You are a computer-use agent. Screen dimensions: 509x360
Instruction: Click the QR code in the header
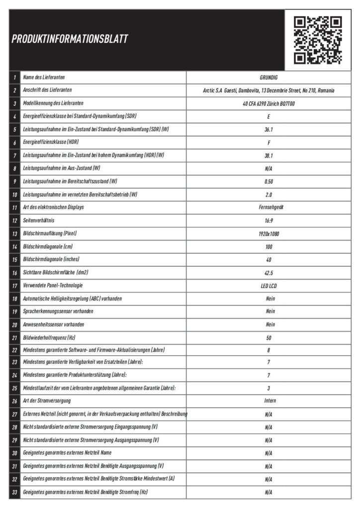pyautogui.click(x=318, y=40)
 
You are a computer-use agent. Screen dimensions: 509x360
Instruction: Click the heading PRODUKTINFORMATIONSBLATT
pyautogui.click(x=70, y=39)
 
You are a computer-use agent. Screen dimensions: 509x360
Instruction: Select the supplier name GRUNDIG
pyautogui.click(x=269, y=78)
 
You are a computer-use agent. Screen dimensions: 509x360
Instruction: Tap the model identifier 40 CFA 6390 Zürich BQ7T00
pyautogui.click(x=269, y=104)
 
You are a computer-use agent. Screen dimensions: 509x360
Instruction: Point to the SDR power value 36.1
pyautogui.click(x=269, y=130)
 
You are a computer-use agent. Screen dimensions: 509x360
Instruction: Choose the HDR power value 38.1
pyautogui.click(x=269, y=156)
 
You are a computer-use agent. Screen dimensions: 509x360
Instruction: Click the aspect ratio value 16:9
pyautogui.click(x=269, y=221)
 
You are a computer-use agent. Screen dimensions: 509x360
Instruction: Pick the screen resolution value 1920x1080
pyautogui.click(x=269, y=234)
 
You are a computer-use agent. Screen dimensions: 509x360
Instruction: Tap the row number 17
pyautogui.click(x=15, y=285)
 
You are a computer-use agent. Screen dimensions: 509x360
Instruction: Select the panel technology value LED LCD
pyautogui.click(x=269, y=285)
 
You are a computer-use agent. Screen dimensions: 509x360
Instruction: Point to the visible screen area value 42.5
pyautogui.click(x=269, y=272)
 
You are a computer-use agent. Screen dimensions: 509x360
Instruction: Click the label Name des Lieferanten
pyautogui.click(x=44, y=78)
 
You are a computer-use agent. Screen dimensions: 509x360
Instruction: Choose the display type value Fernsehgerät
pyautogui.click(x=269, y=208)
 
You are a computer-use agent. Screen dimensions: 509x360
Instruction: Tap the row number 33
pyautogui.click(x=15, y=492)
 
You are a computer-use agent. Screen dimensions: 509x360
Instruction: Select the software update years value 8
pyautogui.click(x=269, y=350)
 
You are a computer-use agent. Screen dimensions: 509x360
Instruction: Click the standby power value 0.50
pyautogui.click(x=269, y=181)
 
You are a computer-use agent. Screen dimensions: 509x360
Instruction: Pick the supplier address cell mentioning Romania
pyautogui.click(x=269, y=91)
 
